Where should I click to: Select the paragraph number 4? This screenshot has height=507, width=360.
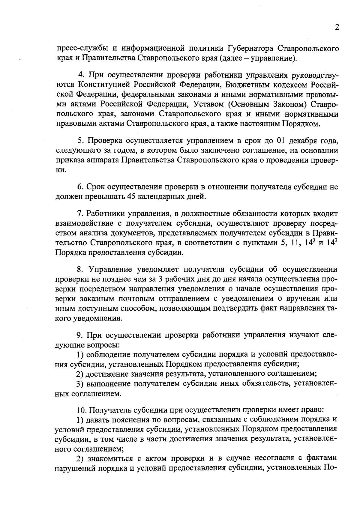click(x=80, y=75)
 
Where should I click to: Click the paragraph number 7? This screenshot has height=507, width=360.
click(x=80, y=214)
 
